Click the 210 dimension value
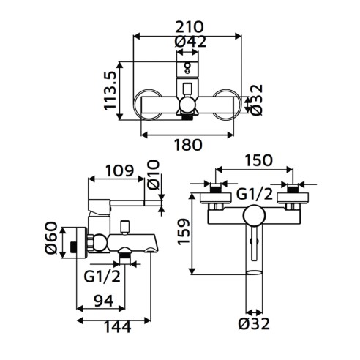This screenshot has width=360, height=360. tap(190, 27)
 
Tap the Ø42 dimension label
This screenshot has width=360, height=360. tap(190, 42)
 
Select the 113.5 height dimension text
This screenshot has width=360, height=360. tap(110, 91)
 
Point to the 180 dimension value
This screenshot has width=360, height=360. tap(188, 145)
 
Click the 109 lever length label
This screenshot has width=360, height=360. tap(119, 170)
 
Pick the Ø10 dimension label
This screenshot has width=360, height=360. tap(154, 175)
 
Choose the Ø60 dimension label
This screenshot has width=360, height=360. tap(51, 238)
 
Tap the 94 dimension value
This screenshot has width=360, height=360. tap(104, 301)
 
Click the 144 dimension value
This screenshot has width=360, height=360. tap(118, 327)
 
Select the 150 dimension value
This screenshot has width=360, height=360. tap(258, 160)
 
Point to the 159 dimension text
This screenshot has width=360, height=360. tap(184, 232)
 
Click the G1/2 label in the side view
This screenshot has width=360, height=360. tap(102, 277)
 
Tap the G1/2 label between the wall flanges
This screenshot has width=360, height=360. tap(255, 195)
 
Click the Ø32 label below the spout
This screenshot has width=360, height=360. tap(254, 323)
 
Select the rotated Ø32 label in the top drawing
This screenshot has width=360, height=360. tap(256, 100)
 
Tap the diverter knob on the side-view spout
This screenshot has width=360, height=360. tap(125, 227)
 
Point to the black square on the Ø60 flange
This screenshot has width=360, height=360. tap(73, 247)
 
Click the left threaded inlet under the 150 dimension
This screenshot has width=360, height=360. tap(216, 190)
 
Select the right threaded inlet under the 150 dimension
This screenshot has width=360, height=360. tap(293, 190)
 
